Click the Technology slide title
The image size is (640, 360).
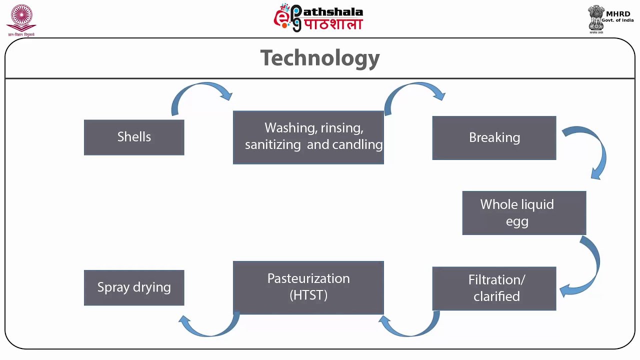pyautogui.click(x=320, y=58)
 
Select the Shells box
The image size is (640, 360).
pyautogui.click(x=134, y=137)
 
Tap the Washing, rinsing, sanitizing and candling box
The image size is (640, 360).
pyautogui.click(x=308, y=137)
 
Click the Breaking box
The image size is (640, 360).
pyautogui.click(x=494, y=138)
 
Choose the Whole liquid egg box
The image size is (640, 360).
pyautogui.click(x=524, y=213)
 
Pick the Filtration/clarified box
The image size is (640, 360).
pyautogui.click(x=494, y=288)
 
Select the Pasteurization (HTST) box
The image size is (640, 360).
pyautogui.click(x=308, y=287)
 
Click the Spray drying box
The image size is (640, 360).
pyautogui.click(x=134, y=287)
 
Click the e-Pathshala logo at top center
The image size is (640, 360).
pyautogui.click(x=318, y=18)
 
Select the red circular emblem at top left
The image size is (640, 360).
pyautogui.click(x=21, y=17)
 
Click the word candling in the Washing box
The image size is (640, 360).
pyautogui.click(x=358, y=144)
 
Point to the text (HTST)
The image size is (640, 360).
pyautogui.click(x=308, y=295)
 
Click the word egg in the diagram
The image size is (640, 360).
pyautogui.click(x=517, y=221)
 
